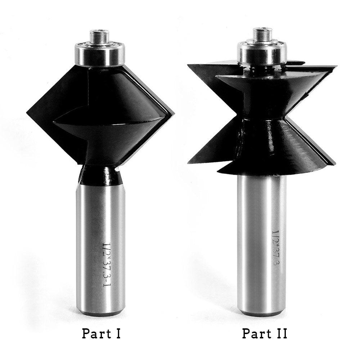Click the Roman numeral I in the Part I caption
click(118, 334)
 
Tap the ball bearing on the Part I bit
click(100, 54)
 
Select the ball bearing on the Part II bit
click(262, 53)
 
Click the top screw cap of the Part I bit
click(99, 37)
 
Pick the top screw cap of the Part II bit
click(262, 35)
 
